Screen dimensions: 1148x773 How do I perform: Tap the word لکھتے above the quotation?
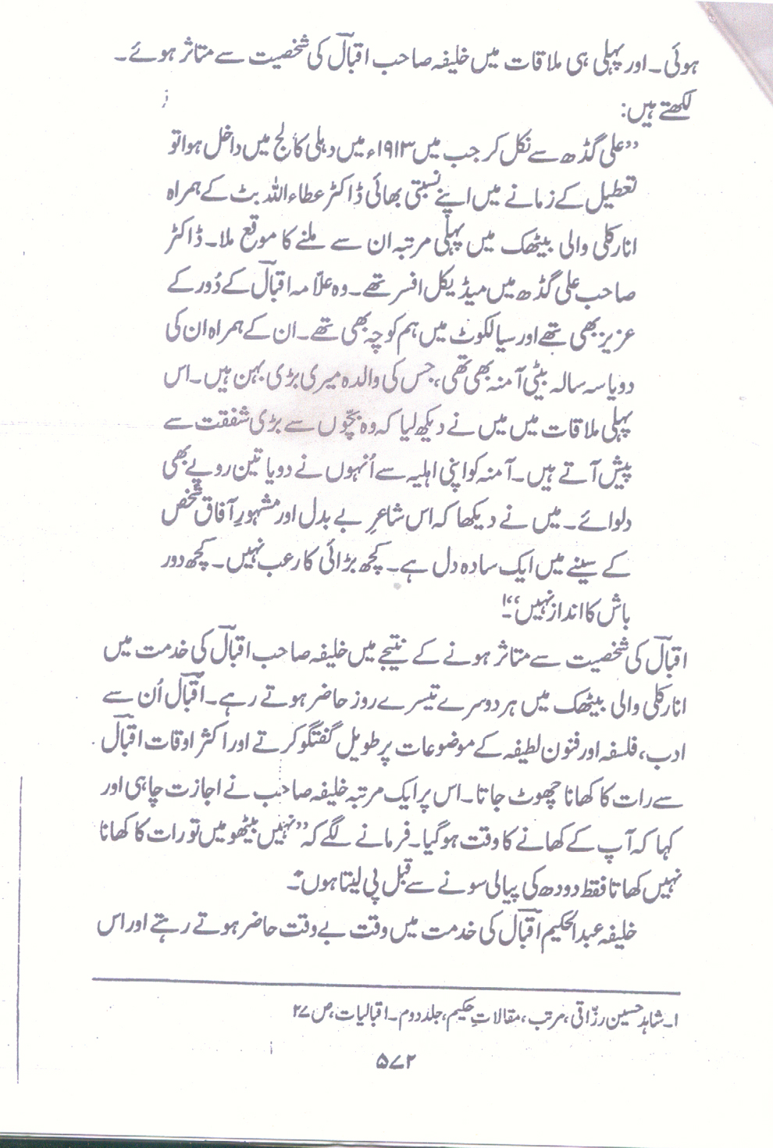[x=676, y=107]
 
